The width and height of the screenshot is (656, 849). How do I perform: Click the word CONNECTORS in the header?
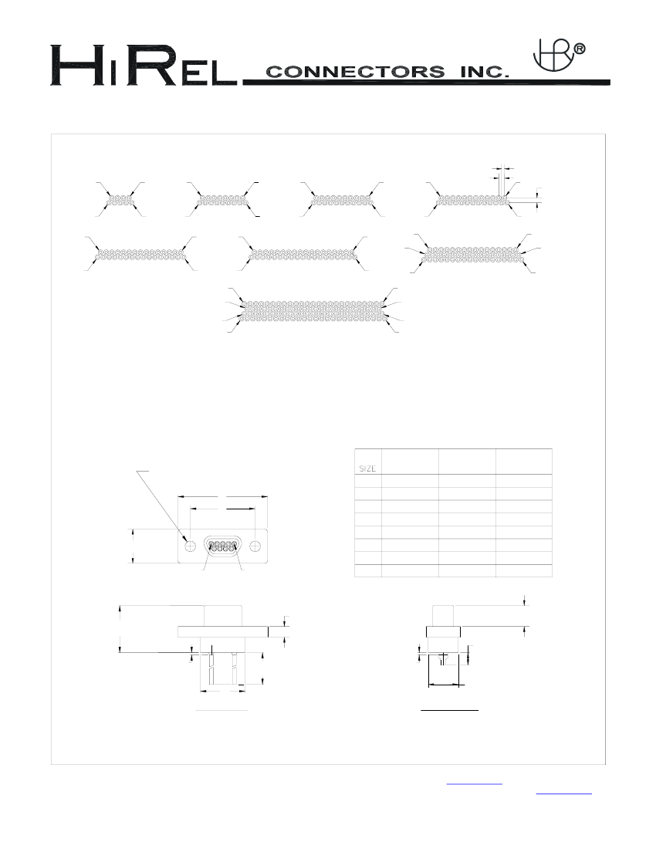click(x=355, y=73)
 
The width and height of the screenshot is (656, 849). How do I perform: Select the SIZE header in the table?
click(x=367, y=468)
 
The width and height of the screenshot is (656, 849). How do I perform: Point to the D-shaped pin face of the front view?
click(x=223, y=545)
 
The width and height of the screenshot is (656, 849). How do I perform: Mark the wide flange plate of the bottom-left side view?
click(x=223, y=631)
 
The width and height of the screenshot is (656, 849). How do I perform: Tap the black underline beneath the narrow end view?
click(x=450, y=707)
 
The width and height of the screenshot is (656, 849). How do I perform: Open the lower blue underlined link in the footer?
click(x=563, y=792)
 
